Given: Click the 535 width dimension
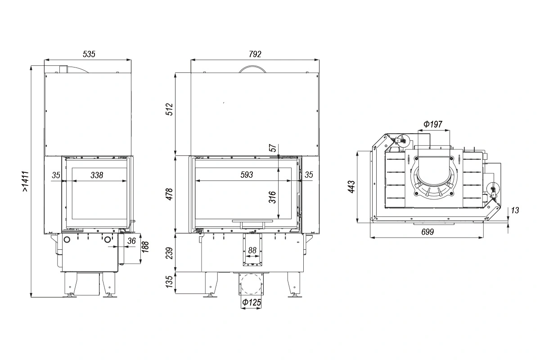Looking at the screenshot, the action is [89, 54].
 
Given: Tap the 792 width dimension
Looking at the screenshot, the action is [255, 54].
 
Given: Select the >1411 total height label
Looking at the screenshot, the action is [26, 181].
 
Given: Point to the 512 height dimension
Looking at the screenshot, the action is [170, 109].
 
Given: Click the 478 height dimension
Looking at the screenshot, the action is [170, 194].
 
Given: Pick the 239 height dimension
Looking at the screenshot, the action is [170, 253].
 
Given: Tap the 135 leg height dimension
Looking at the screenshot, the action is [170, 282].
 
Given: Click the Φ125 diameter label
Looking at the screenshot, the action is [252, 302].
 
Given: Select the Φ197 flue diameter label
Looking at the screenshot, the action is [433, 124].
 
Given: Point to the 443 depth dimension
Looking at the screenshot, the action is [351, 187].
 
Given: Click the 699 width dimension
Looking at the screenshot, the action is [427, 232].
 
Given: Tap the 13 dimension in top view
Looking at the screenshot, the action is [515, 210].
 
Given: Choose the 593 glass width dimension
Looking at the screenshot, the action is [247, 175].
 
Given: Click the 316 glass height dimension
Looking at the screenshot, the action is [272, 197].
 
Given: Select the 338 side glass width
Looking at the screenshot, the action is [97, 175].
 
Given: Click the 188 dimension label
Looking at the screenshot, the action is [145, 247].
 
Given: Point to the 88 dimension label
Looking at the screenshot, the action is [252, 250].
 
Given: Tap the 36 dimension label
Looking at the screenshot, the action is [131, 241].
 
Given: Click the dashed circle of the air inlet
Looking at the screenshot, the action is [251, 274].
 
